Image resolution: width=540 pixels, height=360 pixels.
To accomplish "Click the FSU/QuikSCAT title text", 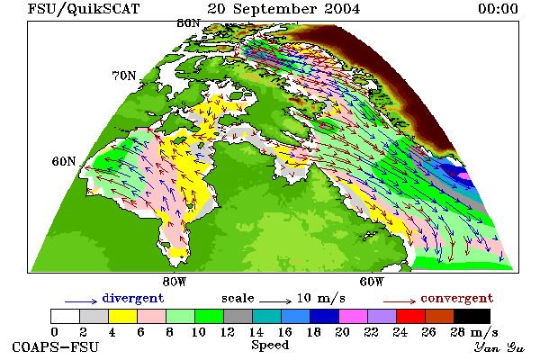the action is click(84, 9).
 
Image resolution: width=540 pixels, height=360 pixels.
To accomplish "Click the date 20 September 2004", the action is click(283, 9).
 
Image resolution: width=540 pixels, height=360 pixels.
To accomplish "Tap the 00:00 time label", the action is click(498, 9).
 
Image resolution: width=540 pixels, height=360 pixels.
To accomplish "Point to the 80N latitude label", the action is click(188, 23).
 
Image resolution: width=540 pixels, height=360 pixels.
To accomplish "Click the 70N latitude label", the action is click(124, 76).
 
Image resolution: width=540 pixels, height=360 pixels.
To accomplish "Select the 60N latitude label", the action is click(64, 161).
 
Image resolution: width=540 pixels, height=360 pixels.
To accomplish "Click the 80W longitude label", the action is click(175, 282).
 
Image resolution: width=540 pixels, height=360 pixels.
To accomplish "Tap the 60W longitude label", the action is click(372, 282).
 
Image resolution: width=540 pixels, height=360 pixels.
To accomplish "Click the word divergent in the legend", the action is click(133, 298).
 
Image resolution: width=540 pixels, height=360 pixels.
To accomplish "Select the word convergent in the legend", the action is click(457, 298).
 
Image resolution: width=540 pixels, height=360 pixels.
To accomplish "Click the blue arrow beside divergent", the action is click(81, 301).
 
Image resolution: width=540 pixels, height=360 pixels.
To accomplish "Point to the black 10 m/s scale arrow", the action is click(275, 301).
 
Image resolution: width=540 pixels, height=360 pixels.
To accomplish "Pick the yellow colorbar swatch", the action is click(123, 316).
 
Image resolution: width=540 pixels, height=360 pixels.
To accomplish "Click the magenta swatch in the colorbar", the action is click(354, 316).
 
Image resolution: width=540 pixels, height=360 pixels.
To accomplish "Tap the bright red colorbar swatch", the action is click(411, 316).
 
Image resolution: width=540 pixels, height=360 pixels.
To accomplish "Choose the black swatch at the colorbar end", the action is click(472, 316).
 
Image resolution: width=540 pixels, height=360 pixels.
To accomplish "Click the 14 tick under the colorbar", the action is click(256, 332).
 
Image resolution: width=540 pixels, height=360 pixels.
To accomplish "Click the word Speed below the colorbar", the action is click(270, 346).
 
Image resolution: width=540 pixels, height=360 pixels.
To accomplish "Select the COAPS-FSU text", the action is click(56, 346).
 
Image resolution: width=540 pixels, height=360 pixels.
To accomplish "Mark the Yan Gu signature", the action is click(499, 347).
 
